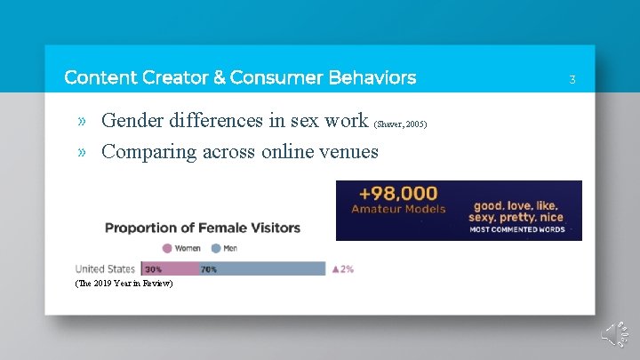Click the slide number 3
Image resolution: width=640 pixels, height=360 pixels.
tap(572, 80)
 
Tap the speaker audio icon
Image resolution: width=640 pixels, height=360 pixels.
tap(616, 335)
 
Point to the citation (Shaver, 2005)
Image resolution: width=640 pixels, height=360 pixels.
tap(401, 124)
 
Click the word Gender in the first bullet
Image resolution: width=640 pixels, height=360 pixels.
tap(134, 120)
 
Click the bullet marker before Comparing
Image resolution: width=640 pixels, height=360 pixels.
tap(83, 152)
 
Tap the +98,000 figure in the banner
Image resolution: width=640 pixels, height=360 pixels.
tap(398, 193)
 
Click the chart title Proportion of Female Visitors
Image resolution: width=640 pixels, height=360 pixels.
tap(203, 228)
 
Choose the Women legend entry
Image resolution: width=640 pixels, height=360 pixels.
tap(181, 248)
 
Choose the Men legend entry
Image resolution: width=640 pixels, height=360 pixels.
tap(224, 248)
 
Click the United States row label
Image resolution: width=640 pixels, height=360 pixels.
tap(105, 268)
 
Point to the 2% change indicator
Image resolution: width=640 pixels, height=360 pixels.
tap(342, 268)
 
